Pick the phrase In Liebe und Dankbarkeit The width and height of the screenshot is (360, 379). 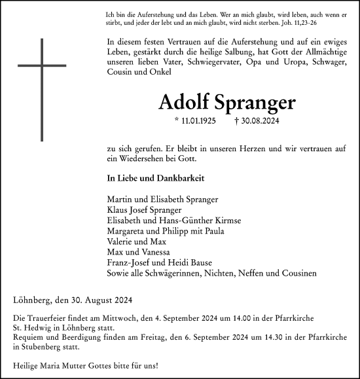[147, 177]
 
